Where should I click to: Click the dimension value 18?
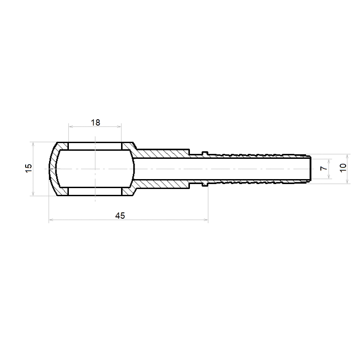pos(95,122)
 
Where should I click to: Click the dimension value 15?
pos(29,168)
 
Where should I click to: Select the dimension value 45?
pos(120,216)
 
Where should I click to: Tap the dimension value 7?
pos(324,168)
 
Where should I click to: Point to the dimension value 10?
pos(343,168)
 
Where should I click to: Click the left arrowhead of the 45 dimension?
pos(51,220)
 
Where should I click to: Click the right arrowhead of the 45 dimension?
pos(206,220)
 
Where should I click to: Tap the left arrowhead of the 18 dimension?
pos(71,126)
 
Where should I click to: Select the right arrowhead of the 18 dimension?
pos(119,126)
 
